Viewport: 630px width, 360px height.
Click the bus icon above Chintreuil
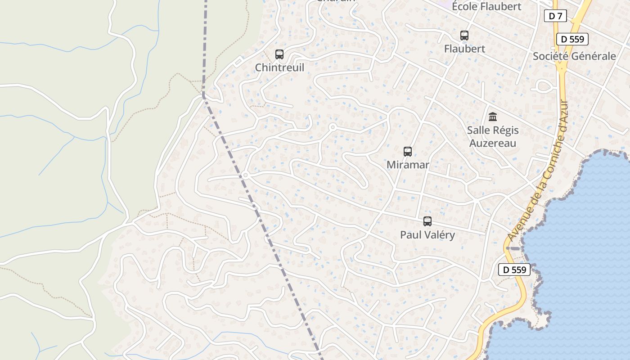pos(279,54)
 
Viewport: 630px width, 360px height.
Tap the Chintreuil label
pos(279,67)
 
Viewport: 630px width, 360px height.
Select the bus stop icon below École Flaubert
pos(464,35)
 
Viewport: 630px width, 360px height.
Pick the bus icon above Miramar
pos(408,152)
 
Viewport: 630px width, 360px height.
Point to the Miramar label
pos(408,165)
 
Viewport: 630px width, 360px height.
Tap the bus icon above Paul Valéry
pos(427,221)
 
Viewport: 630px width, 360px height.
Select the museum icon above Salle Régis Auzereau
pos(493,117)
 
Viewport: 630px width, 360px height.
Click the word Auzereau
pos(493,143)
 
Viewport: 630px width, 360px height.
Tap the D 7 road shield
pos(555,16)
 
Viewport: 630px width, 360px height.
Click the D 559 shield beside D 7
pos(572,39)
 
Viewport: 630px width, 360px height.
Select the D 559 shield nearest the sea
pos(514,270)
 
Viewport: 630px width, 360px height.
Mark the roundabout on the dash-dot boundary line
pos(245,175)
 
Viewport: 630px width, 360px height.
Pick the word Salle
pos(478,130)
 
